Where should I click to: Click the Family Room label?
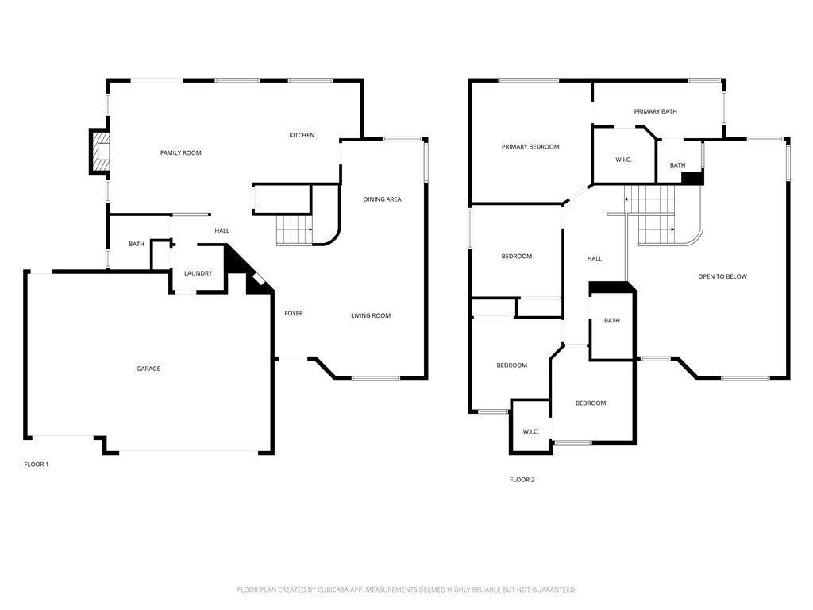[180, 153]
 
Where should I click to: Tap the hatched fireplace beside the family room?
[100, 152]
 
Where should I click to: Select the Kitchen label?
[302, 135]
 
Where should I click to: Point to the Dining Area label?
[382, 199]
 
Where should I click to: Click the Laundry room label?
[198, 273]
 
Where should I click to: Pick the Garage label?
[148, 369]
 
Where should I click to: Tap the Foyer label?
[294, 313]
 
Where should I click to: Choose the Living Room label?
[371, 315]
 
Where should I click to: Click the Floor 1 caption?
[37, 464]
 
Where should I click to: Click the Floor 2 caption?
[522, 480]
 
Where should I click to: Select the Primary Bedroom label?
[530, 147]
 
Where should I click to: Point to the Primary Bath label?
[655, 111]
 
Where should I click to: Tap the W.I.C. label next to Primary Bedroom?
[623, 160]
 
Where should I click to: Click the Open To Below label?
[722, 276]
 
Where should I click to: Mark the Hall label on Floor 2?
[595, 258]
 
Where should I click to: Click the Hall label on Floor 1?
[222, 231]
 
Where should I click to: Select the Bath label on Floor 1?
[137, 244]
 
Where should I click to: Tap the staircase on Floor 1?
[295, 230]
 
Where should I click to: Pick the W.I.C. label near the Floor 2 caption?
[531, 431]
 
